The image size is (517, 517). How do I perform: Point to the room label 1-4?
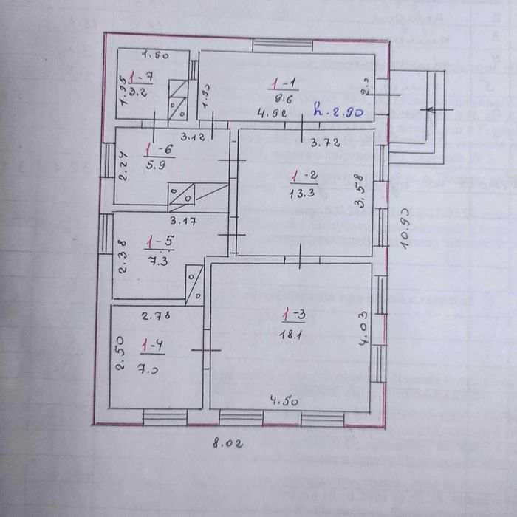click(x=153, y=345)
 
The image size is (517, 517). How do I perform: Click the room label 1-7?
click(x=140, y=77)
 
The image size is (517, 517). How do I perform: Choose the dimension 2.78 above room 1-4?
click(x=156, y=316)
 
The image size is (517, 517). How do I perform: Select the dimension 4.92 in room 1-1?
click(x=271, y=113)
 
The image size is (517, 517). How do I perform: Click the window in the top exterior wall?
click(x=273, y=44)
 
